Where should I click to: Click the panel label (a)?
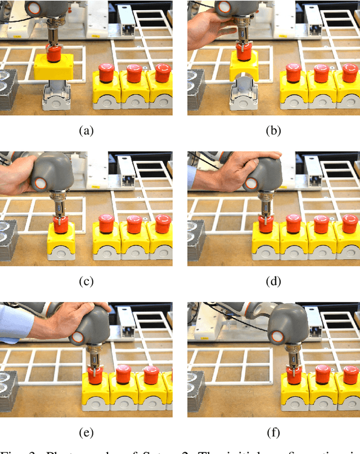(85, 131)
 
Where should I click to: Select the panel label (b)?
(273, 131)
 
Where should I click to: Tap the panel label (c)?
(85, 282)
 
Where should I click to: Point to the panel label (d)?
(273, 282)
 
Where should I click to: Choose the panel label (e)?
(85, 433)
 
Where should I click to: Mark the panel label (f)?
(273, 433)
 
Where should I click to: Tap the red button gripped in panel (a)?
(54, 55)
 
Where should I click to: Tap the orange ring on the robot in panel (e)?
(78, 338)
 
